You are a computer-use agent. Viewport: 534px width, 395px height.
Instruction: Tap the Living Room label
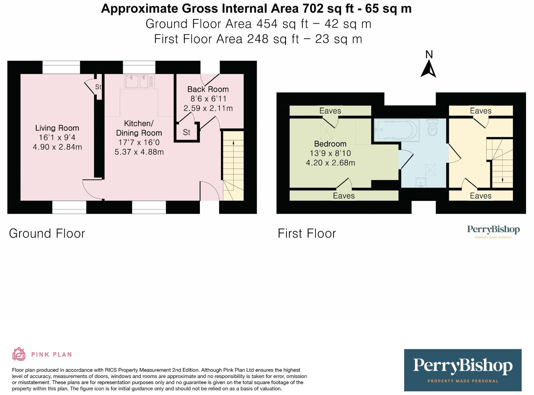click(x=57, y=128)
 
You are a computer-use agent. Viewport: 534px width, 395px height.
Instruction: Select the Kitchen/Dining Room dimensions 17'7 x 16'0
click(x=139, y=142)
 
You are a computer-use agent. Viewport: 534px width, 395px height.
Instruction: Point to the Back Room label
click(x=208, y=89)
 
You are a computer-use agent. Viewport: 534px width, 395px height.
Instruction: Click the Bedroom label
click(x=330, y=144)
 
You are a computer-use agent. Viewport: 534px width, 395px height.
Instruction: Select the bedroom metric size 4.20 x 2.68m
click(x=330, y=163)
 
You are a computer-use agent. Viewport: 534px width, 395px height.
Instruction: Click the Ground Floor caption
click(x=47, y=233)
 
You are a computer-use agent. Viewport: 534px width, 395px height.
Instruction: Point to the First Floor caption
click(x=307, y=233)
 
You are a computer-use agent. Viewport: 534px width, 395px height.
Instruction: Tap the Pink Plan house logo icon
click(x=19, y=354)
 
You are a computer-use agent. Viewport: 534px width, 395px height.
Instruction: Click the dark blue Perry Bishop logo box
click(x=463, y=370)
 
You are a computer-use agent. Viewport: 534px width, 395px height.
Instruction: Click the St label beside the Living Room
click(x=98, y=87)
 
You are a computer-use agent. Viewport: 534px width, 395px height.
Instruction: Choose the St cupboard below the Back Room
click(x=187, y=132)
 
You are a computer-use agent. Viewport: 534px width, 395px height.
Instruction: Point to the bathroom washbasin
click(x=421, y=182)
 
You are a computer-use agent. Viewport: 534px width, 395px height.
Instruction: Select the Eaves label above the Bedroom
click(x=330, y=111)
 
